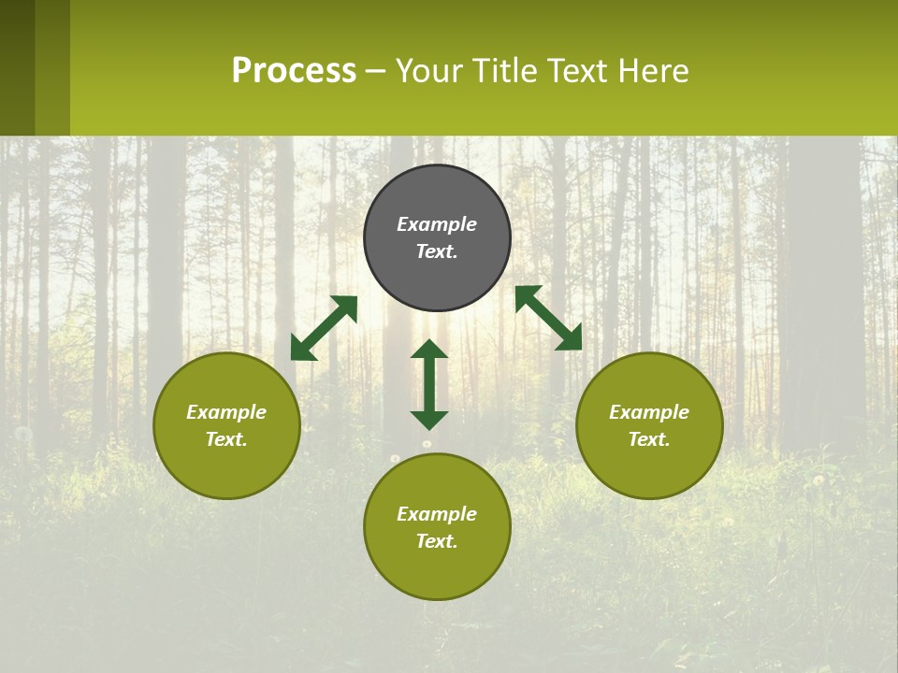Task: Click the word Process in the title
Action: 294,71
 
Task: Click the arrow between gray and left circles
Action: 324,328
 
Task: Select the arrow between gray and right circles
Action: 548,318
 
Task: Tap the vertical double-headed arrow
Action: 429,384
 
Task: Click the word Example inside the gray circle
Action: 437,224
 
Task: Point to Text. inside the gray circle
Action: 437,251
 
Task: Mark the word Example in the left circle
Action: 226,412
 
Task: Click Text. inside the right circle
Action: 649,439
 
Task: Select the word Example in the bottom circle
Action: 437,514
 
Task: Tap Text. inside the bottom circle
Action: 437,541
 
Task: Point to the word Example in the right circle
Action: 649,412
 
